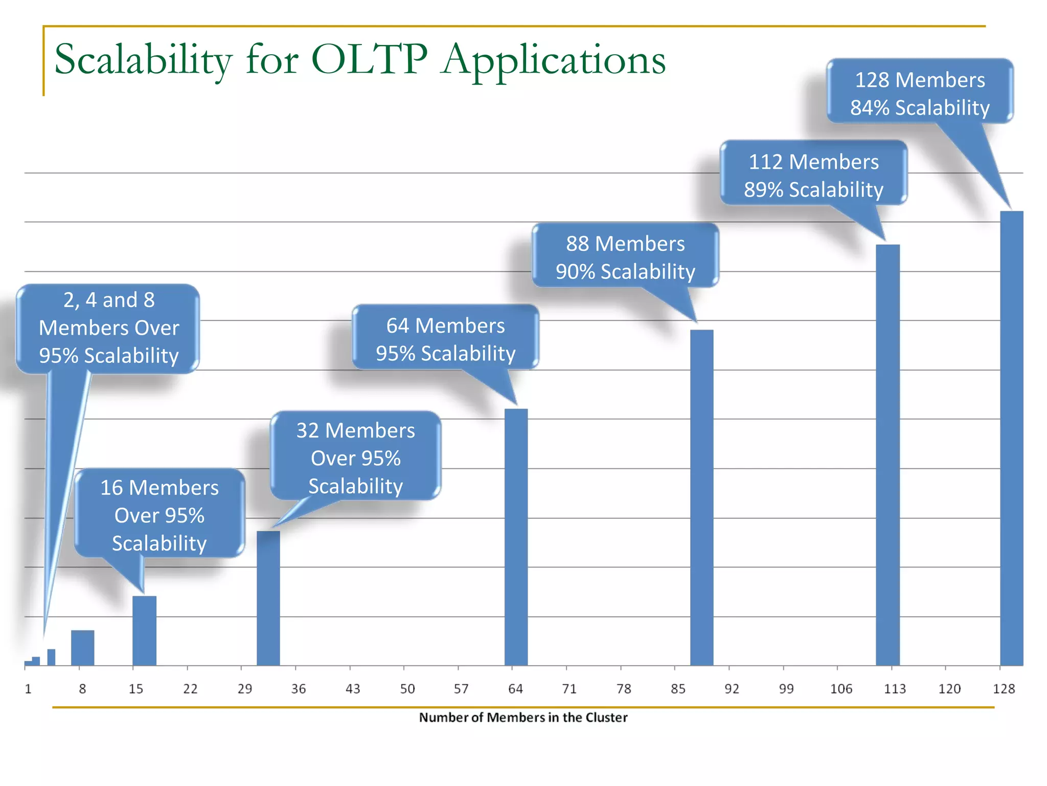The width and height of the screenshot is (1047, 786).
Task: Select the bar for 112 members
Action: point(887,455)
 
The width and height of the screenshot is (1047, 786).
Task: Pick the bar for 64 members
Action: point(516,537)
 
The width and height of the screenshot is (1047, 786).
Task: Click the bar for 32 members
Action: point(268,598)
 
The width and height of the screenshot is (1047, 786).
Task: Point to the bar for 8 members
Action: point(82,648)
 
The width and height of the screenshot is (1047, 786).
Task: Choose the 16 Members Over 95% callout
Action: point(160,514)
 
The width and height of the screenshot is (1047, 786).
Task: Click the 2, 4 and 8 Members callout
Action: point(108,327)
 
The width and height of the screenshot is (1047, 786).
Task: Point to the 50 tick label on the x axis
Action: point(407,689)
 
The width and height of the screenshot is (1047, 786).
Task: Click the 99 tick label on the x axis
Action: point(786,689)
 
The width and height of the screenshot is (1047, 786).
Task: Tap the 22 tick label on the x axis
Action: point(190,689)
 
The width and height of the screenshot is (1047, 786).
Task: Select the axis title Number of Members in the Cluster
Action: point(523,717)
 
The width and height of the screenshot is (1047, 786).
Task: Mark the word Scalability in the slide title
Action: point(143,60)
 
